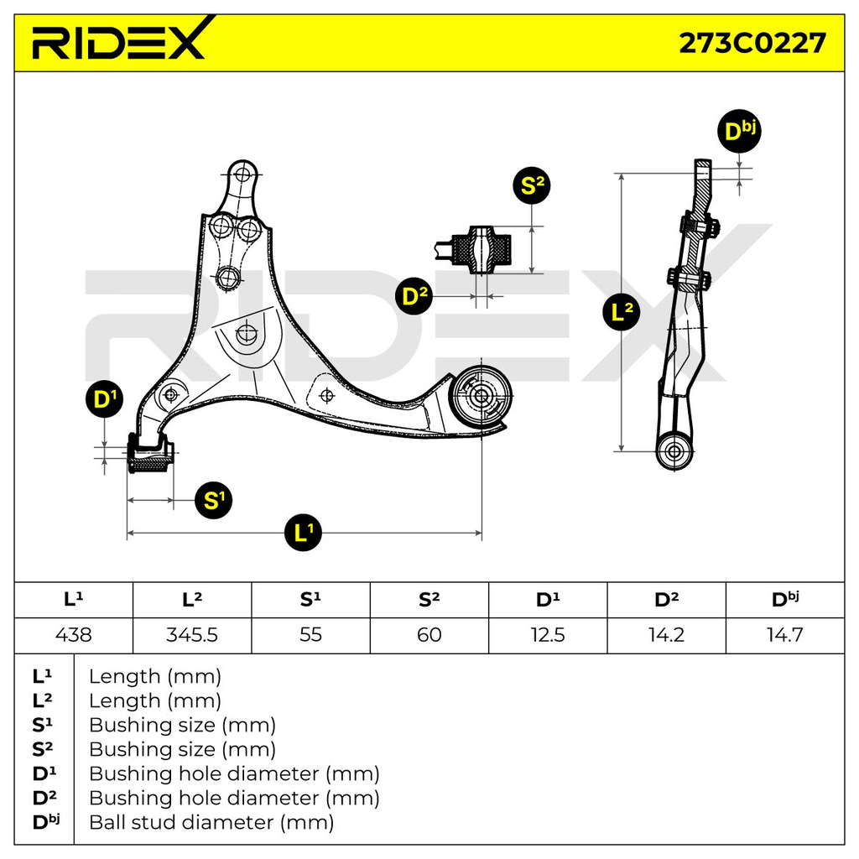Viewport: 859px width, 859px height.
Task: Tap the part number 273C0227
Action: [x=752, y=43]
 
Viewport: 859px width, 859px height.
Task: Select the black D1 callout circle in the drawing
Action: [x=104, y=399]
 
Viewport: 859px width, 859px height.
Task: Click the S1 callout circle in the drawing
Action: [x=213, y=500]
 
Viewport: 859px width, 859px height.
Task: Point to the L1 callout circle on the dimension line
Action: [x=303, y=532]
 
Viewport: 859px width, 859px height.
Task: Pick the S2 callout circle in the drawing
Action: [x=531, y=185]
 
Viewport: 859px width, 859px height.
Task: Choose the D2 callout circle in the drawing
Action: [x=414, y=296]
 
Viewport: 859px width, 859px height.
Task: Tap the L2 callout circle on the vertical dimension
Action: [x=622, y=312]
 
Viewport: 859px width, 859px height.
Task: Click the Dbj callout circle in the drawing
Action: [x=739, y=131]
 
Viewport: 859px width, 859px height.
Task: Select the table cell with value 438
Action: [x=74, y=635]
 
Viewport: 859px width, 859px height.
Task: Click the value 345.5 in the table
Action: [x=192, y=635]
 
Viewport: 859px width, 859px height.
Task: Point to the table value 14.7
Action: [x=784, y=635]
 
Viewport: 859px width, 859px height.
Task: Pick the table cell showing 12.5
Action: [x=548, y=635]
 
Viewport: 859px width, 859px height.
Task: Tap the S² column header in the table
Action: [x=429, y=599]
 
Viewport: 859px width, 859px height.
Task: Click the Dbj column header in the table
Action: [x=785, y=599]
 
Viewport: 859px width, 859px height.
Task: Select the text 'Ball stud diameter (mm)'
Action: [x=211, y=822]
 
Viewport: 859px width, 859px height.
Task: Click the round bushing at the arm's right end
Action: [x=481, y=396]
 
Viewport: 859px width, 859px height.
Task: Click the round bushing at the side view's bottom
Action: [x=674, y=452]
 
